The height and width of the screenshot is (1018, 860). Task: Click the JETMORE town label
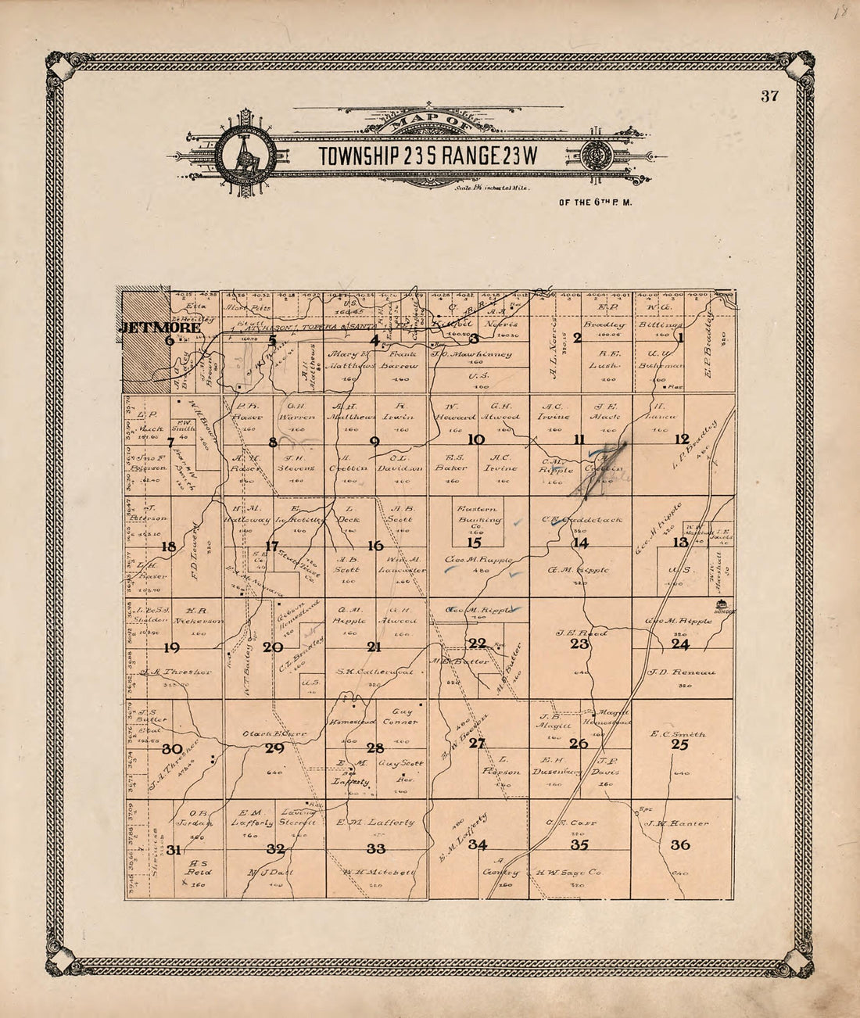coord(159,328)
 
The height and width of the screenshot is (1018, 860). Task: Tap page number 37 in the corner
coord(769,97)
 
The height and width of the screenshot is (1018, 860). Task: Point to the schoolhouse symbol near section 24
coord(722,606)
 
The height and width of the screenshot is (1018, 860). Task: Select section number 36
coord(680,844)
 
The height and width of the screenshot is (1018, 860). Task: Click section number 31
coord(174,850)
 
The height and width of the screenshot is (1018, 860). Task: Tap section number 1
coord(680,338)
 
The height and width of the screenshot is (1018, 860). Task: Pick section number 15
coord(474,543)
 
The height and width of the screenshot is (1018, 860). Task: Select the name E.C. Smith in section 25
coord(678,734)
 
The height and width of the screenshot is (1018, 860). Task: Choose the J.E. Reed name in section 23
coord(581,633)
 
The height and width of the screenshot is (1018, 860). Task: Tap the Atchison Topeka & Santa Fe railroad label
coord(313,327)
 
